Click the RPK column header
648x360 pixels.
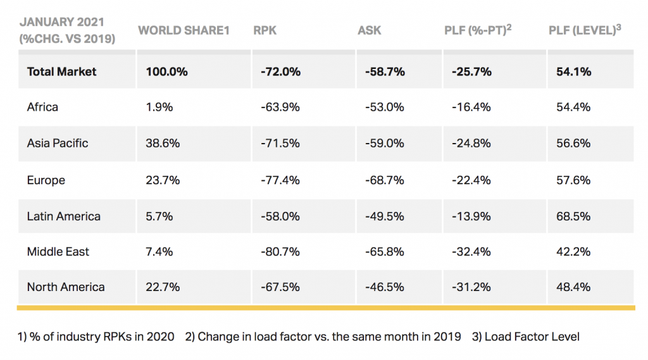click(265, 30)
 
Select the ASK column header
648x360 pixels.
click(370, 30)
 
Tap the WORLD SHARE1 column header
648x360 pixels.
click(184, 30)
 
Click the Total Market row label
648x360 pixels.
click(61, 71)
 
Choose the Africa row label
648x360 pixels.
click(42, 107)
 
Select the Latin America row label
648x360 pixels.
click(64, 216)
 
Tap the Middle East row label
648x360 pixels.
click(58, 252)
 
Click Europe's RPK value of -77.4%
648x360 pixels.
click(280, 180)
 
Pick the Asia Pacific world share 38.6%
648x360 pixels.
click(163, 144)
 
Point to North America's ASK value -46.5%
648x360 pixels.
click(384, 287)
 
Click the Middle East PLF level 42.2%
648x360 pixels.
click(573, 252)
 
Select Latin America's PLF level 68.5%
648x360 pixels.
click(573, 216)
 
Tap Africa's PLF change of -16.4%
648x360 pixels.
click(471, 107)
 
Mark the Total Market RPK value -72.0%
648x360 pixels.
click(280, 71)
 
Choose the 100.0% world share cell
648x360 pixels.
click(166, 71)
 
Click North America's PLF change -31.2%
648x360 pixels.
click(471, 287)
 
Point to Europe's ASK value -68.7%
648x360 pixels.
click(384, 180)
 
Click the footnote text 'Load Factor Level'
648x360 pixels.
click(532, 337)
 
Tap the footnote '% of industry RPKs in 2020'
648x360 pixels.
click(102, 337)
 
